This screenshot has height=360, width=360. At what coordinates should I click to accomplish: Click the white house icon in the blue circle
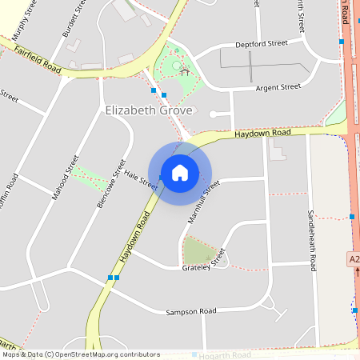click(180, 173)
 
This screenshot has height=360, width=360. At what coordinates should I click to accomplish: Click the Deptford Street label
click(261, 45)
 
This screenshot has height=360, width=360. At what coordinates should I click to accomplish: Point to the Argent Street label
click(278, 86)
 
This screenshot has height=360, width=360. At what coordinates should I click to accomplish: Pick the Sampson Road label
click(191, 311)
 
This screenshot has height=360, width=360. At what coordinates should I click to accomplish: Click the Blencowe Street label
click(111, 183)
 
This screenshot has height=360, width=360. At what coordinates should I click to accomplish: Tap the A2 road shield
click(354, 260)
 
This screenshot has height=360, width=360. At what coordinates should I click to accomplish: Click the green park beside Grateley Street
click(198, 250)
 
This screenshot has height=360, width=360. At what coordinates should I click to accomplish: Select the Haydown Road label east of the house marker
click(262, 134)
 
